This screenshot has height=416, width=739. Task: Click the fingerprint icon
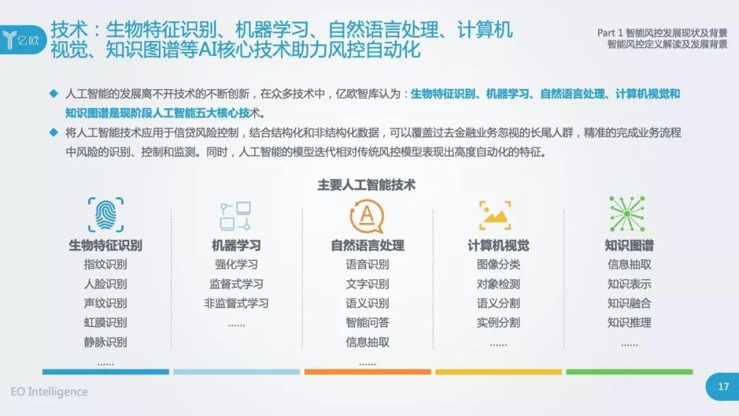pyautogui.click(x=105, y=215)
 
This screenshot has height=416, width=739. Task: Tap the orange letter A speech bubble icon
pyautogui.click(x=367, y=216)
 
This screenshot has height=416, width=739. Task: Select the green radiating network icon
pyautogui.click(x=627, y=214)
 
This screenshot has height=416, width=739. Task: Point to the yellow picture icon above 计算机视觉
pyautogui.click(x=495, y=216)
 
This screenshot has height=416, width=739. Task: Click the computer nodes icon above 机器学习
pyautogui.click(x=235, y=216)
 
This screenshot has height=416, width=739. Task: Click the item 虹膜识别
pyautogui.click(x=105, y=323)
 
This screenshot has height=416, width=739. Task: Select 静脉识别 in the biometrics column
pyautogui.click(x=105, y=342)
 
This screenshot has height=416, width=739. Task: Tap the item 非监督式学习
pyautogui.click(x=236, y=303)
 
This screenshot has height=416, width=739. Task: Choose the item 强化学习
pyautogui.click(x=236, y=264)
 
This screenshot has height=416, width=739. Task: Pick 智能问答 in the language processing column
pyautogui.click(x=367, y=323)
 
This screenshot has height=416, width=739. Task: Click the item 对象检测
pyautogui.click(x=498, y=284)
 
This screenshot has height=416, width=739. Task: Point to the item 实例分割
pyautogui.click(x=498, y=323)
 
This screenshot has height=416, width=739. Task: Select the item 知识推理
pyautogui.click(x=630, y=323)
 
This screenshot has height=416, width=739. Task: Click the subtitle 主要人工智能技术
pyautogui.click(x=367, y=185)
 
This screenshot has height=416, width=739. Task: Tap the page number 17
pyautogui.click(x=723, y=387)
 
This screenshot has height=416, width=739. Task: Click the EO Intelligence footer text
pyautogui.click(x=49, y=391)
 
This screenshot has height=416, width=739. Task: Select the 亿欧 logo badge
pyautogui.click(x=23, y=40)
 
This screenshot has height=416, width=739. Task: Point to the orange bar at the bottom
pyautogui.click(x=367, y=372)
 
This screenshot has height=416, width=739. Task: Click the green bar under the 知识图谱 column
pyautogui.click(x=630, y=372)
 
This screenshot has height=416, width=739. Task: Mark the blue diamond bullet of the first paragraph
pyautogui.click(x=54, y=93)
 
